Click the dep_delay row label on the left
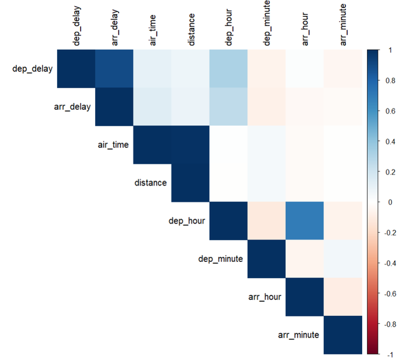[x=32, y=68]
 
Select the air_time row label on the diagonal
[x=113, y=145]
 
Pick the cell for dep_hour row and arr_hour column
[x=305, y=221]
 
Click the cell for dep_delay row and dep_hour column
[x=229, y=68]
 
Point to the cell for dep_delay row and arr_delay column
[x=114, y=68]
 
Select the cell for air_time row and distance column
[x=191, y=145]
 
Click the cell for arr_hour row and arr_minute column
[x=343, y=297]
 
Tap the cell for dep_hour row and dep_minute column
[x=267, y=221]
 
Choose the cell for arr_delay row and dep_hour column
[x=229, y=106]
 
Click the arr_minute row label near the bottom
[x=298, y=335]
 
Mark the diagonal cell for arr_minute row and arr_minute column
[x=343, y=335]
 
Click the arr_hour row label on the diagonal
[x=267, y=297]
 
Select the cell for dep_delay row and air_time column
[x=152, y=68]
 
